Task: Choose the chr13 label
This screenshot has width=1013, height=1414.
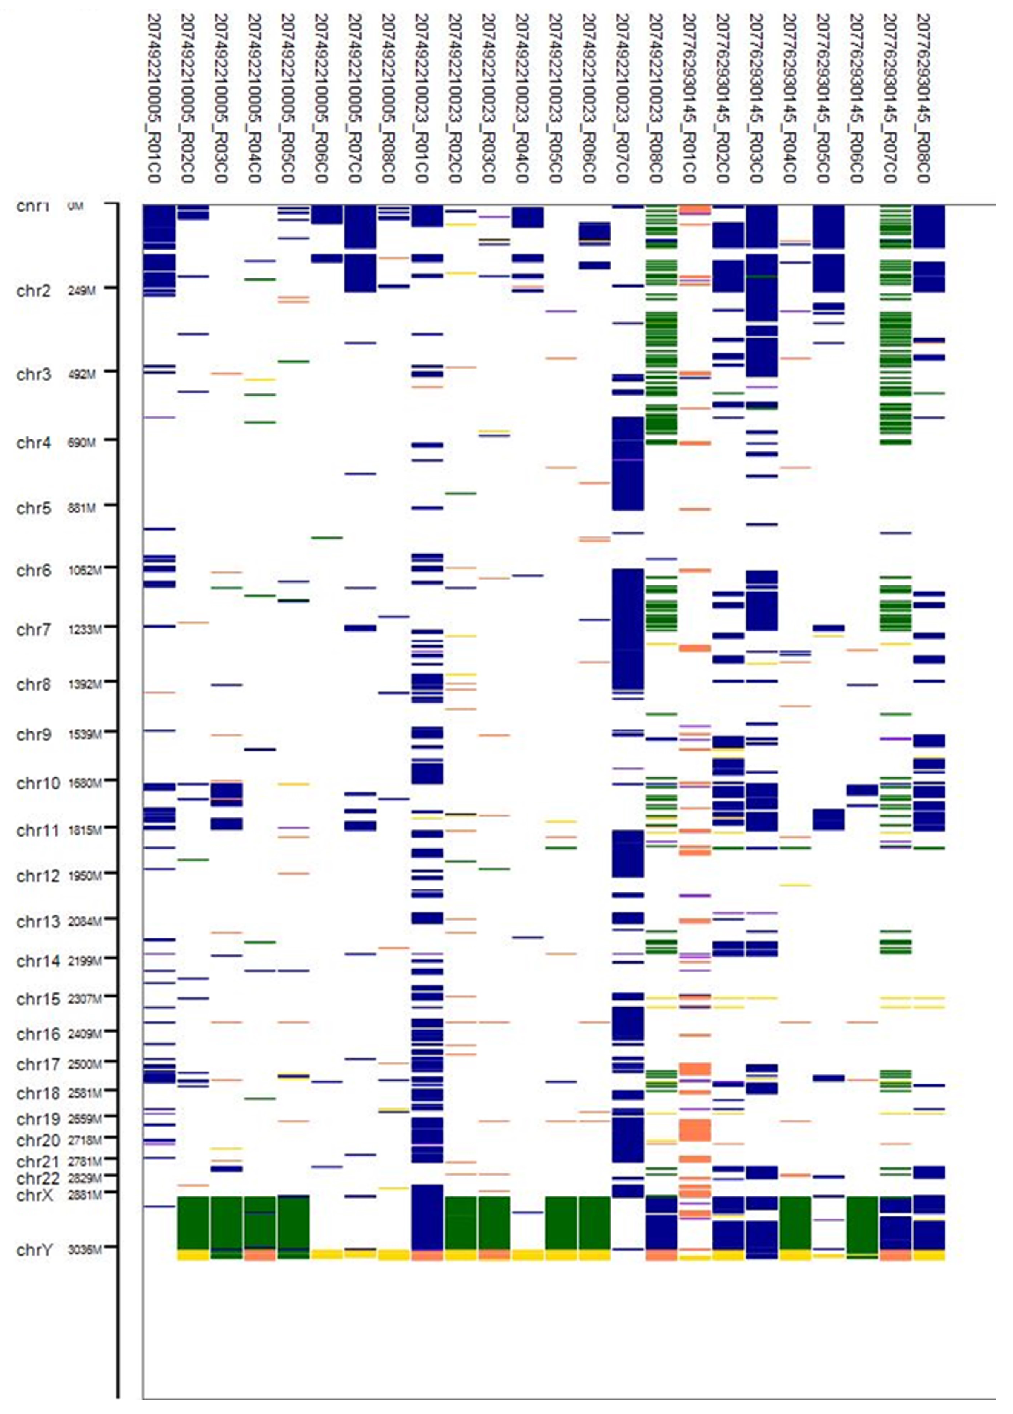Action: pyautogui.click(x=37, y=921)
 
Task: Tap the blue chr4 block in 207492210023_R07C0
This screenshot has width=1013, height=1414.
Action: pyautogui.click(x=628, y=463)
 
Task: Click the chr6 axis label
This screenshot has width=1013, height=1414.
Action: pyautogui.click(x=33, y=571)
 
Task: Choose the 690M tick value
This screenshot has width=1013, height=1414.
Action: pyautogui.click(x=82, y=443)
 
